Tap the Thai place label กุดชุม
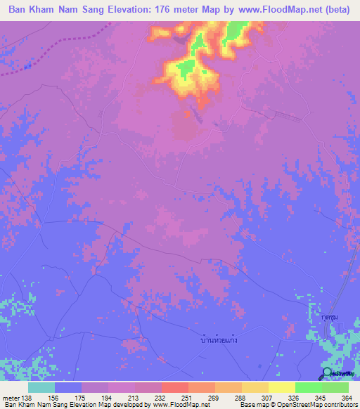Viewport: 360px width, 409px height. pos(321,317)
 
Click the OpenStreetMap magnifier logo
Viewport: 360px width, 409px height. pos(327,373)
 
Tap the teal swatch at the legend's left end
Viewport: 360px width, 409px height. pos(41,387)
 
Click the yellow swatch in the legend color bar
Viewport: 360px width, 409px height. pos(281,387)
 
